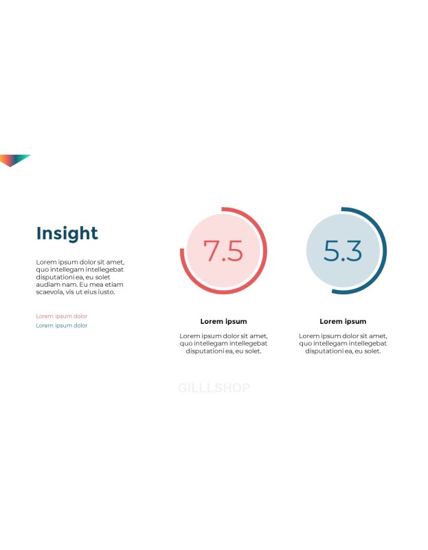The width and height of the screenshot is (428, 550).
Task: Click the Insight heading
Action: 67,234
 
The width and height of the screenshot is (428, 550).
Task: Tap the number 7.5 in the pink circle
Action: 223,251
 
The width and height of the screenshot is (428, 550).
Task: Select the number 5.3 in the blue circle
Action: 343,251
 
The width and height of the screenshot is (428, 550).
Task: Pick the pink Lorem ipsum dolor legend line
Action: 62,316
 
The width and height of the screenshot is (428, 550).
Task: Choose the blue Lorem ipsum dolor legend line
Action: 62,325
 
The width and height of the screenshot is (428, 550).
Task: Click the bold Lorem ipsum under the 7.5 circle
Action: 224,321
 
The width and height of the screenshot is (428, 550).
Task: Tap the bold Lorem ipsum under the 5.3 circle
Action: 343,321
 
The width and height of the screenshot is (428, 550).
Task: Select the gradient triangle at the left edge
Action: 12,159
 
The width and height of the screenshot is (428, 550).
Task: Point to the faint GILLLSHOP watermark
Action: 214,388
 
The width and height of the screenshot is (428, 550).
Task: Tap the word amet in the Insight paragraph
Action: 115,263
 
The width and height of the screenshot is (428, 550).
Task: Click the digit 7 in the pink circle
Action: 211,251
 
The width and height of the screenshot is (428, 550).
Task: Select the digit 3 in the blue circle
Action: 354,251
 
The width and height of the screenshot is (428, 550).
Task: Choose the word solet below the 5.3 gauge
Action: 372,351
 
